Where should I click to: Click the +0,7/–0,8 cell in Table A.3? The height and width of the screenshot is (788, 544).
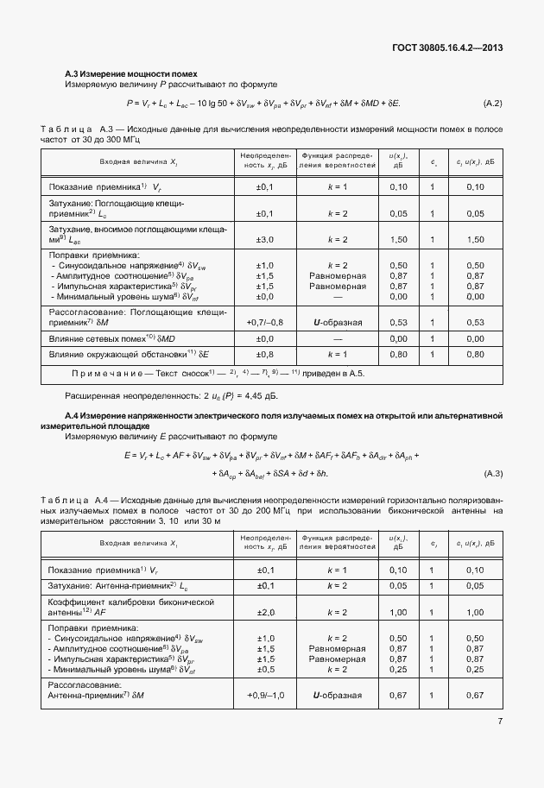tap(265, 322)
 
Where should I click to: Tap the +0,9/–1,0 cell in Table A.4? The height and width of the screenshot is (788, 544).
tap(265, 695)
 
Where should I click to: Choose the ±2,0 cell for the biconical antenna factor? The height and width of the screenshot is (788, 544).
tap(265, 612)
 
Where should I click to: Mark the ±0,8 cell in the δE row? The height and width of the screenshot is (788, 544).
tap(265, 353)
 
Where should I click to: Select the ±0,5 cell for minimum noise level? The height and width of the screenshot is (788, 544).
tap(265, 668)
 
